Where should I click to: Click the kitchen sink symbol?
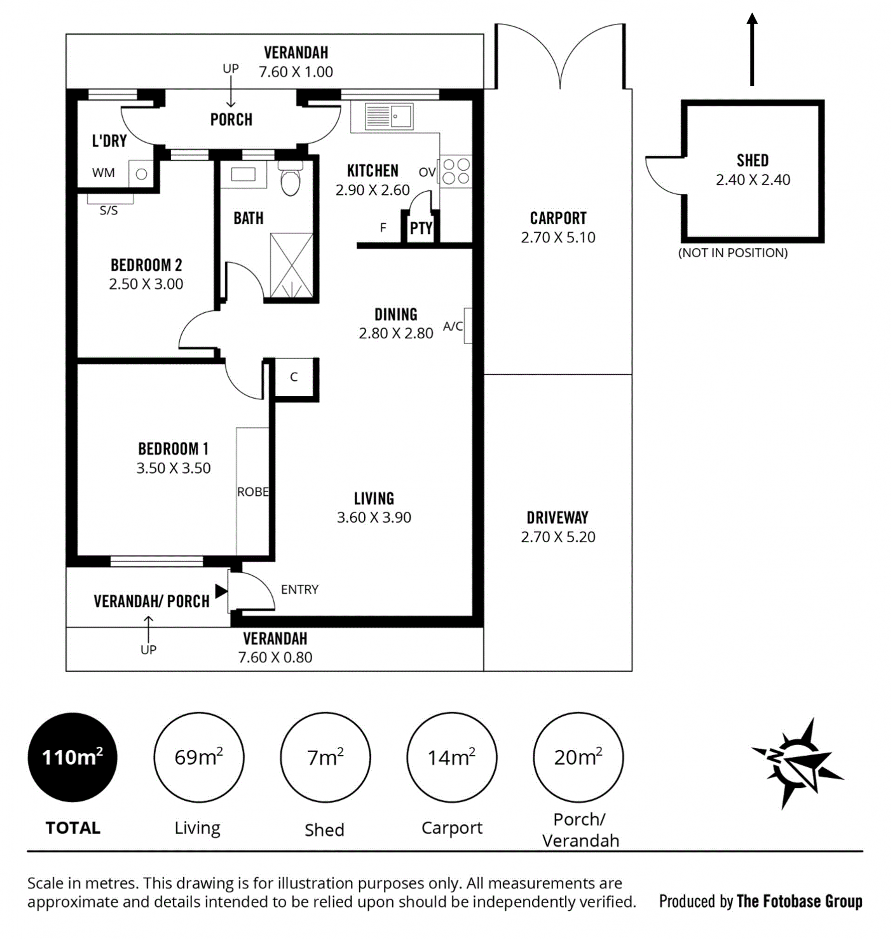389,116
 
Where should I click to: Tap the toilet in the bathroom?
290,178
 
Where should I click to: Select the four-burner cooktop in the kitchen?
456,171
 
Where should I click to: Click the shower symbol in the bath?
291,265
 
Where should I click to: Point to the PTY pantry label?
421,228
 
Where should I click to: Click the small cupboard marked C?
294,377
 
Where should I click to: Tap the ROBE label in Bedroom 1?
252,492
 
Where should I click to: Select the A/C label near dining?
452,326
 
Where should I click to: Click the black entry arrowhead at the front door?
221,592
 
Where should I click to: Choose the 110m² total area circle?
73,757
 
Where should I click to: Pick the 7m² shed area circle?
325,757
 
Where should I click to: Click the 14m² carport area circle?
452,757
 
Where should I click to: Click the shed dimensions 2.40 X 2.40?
753,180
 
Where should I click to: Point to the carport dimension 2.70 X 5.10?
558,238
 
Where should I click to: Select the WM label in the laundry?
103,173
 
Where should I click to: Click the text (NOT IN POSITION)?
733,252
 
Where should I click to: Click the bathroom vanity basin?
243,175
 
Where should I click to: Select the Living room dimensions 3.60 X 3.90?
374,517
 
